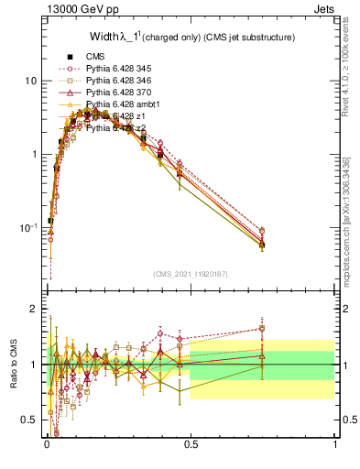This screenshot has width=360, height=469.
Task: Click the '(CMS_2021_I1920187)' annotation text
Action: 191,274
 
